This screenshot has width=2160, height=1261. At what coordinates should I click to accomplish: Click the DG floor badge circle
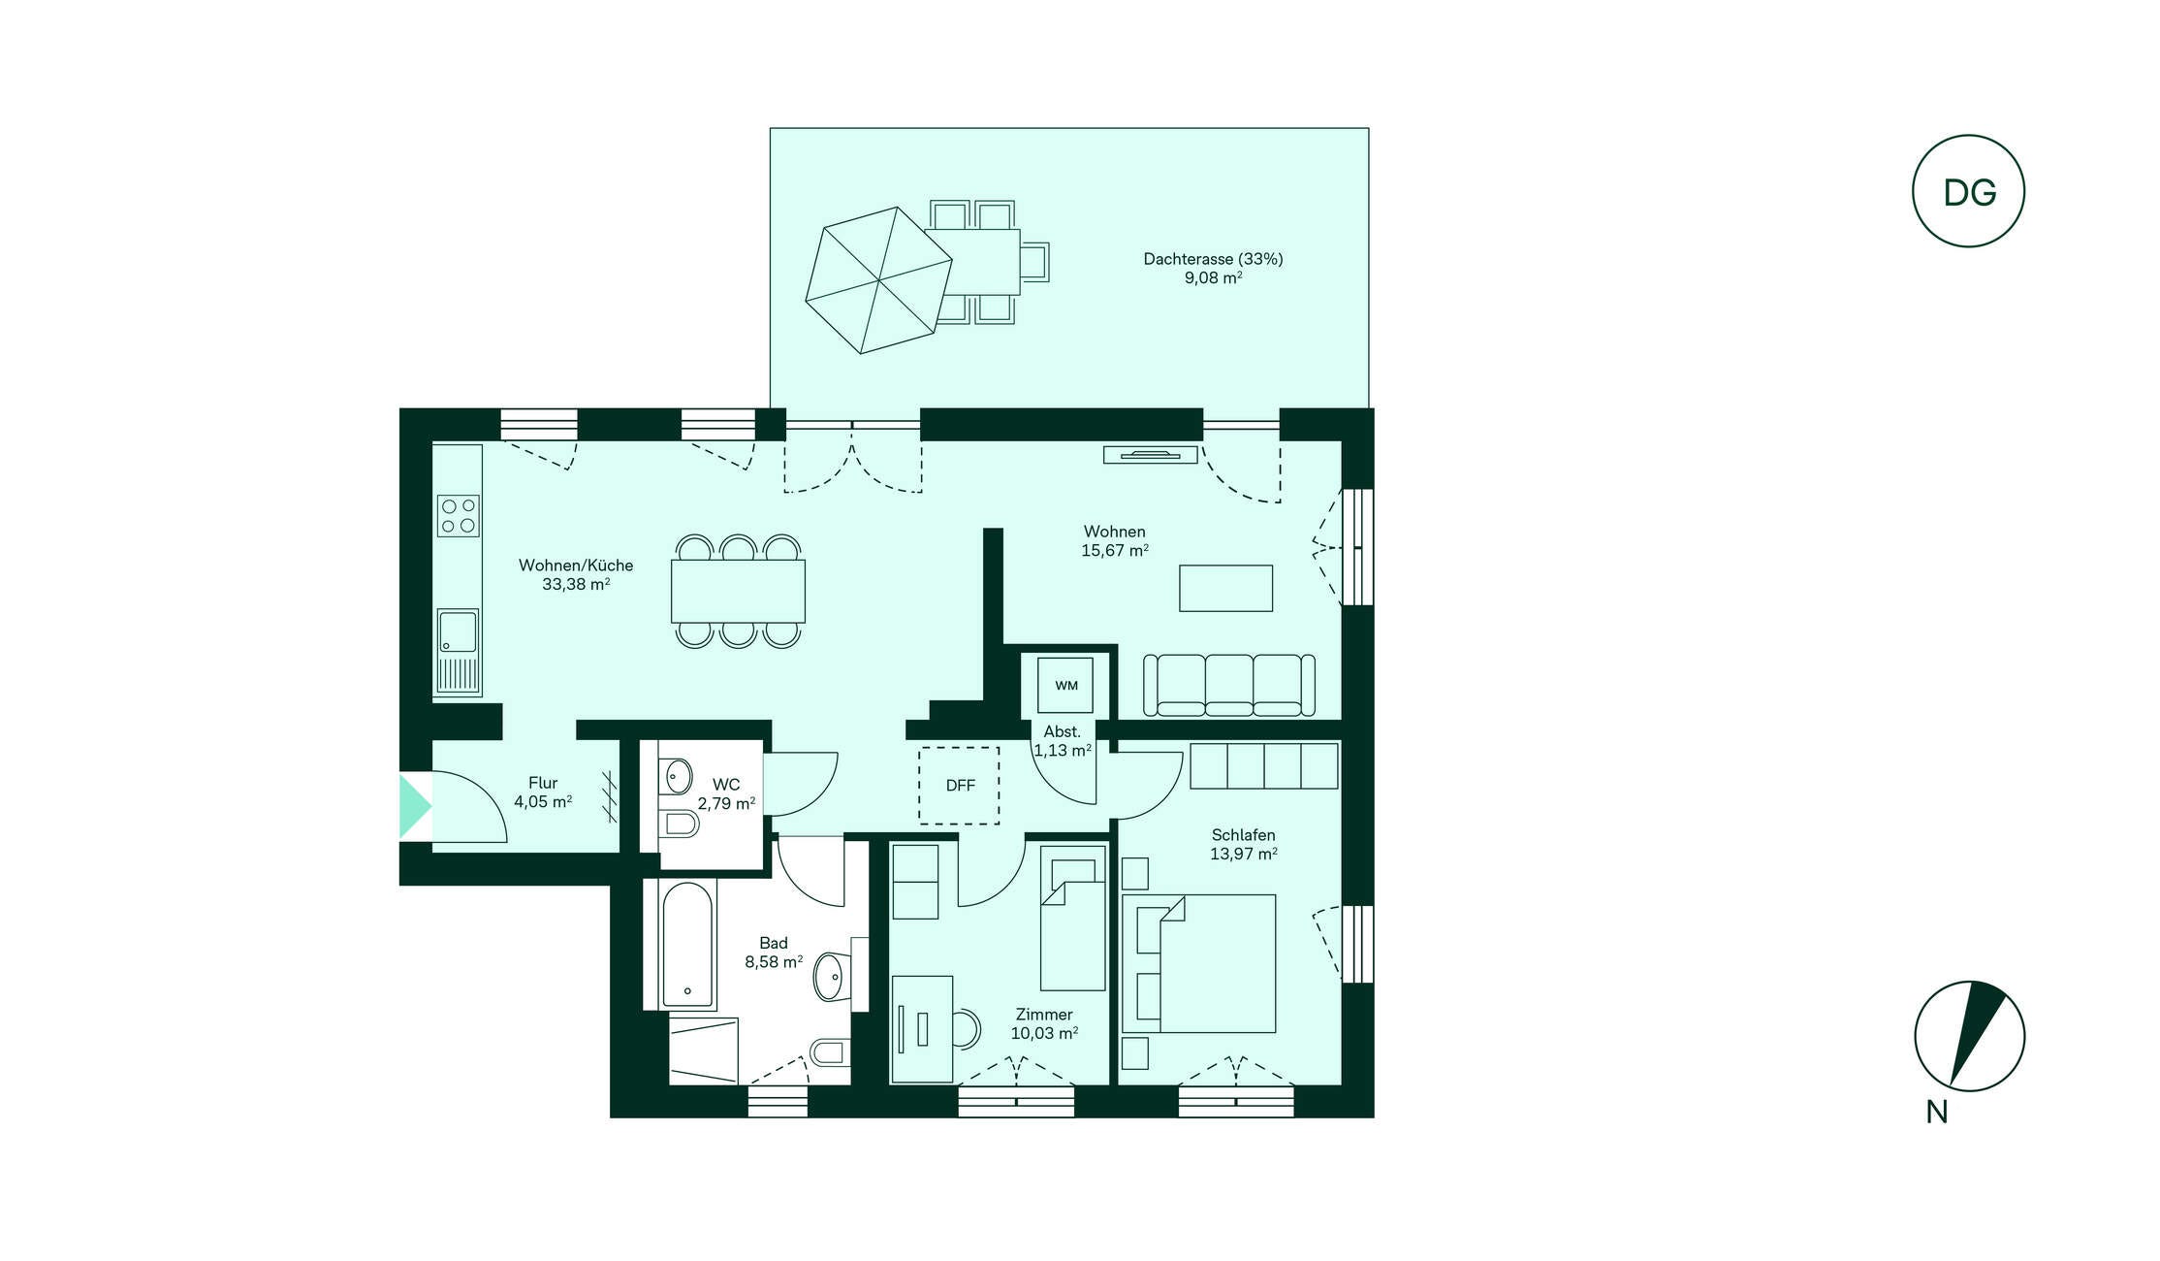[x=1968, y=191]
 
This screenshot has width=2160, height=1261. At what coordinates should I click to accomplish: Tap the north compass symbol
[x=1969, y=1036]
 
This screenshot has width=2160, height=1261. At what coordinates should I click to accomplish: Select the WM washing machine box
[x=1065, y=685]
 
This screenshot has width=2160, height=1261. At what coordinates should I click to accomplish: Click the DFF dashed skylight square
[x=959, y=786]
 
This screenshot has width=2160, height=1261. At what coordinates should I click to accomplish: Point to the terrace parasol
[x=878, y=280]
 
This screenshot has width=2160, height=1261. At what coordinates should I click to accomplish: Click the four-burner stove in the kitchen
[x=459, y=515]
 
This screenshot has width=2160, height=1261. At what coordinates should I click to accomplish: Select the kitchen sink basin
[x=458, y=631]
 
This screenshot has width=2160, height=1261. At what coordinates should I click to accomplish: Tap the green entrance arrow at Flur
[x=415, y=805]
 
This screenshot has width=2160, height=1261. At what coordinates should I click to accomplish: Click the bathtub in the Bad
[x=687, y=945]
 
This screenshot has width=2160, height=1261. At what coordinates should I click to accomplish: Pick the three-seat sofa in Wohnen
[x=1229, y=685]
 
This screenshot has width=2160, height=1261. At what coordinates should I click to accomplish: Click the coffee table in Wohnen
[x=1225, y=588]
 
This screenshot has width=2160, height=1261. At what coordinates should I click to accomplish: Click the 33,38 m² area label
[x=576, y=584]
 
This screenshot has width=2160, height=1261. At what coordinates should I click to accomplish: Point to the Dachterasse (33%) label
[x=1213, y=259]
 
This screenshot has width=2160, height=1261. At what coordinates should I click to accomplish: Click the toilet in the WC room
[x=681, y=824]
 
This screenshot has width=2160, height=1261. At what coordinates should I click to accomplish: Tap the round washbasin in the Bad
[x=830, y=977]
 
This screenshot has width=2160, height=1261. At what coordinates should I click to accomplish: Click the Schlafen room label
[x=1243, y=835]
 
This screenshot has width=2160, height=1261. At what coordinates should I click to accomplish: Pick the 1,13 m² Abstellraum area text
[x=1063, y=750]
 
